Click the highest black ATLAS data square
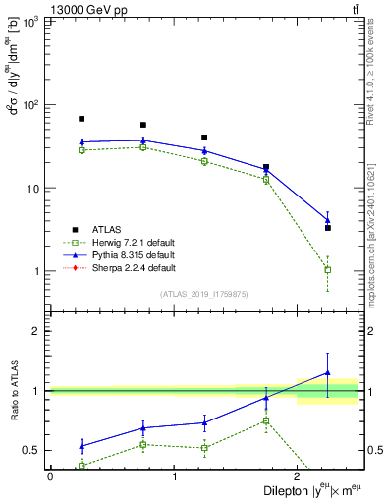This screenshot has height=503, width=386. click(82, 119)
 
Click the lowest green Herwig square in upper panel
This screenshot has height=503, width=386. click(328, 269)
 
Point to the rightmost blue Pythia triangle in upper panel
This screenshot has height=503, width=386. click(328, 220)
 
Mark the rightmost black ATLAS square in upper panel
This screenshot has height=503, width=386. click(328, 228)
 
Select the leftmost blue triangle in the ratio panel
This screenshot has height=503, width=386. click(82, 446)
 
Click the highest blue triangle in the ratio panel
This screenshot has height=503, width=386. click(328, 373)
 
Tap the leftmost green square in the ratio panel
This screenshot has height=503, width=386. click(82, 466)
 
